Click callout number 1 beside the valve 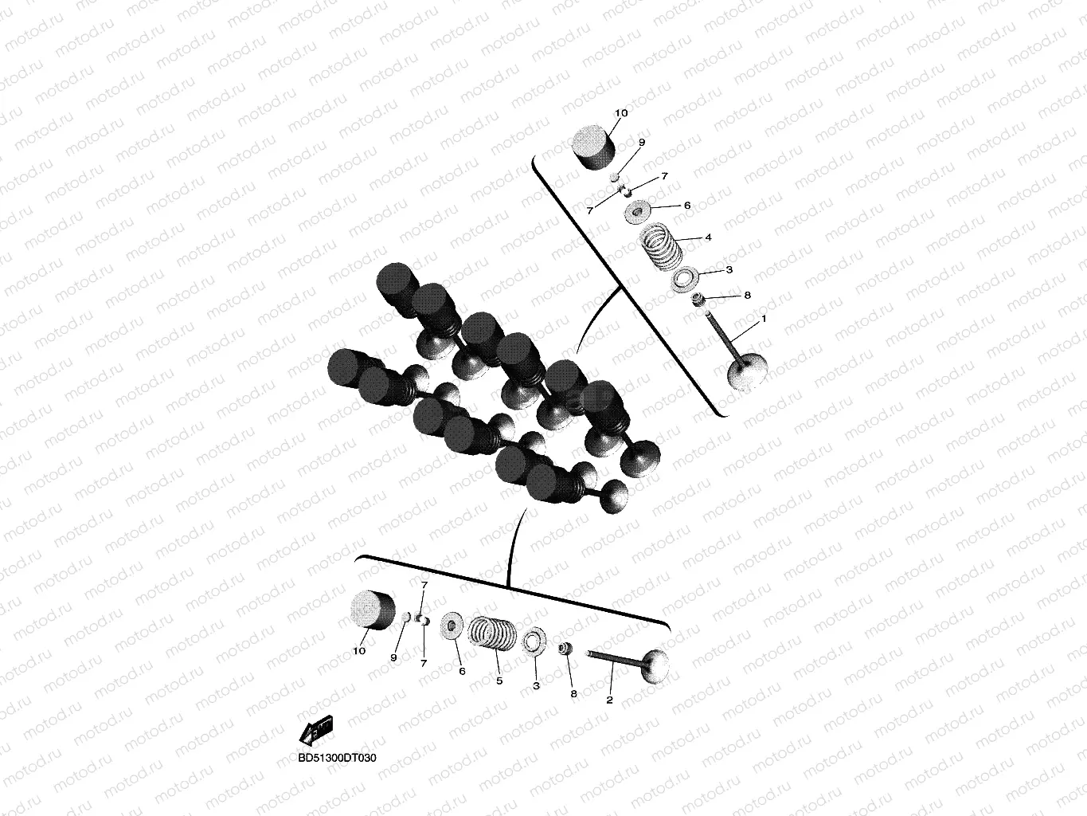pyautogui.click(x=763, y=319)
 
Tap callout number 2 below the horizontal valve pyautogui.click(x=609, y=700)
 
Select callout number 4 pyautogui.click(x=708, y=237)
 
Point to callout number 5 pyautogui.click(x=499, y=681)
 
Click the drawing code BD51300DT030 pyautogui.click(x=337, y=758)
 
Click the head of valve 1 pyautogui.click(x=747, y=374)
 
